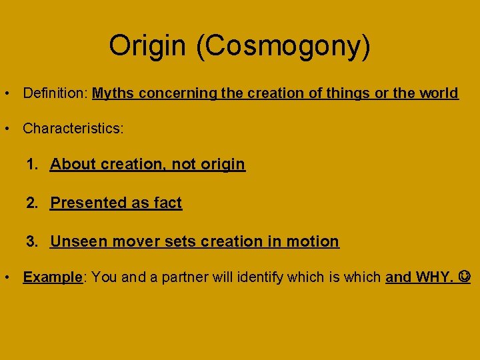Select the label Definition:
click(55, 93)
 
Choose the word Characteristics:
click(73, 129)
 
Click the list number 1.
click(31, 164)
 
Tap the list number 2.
click(31, 203)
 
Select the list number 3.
click(31, 241)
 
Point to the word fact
click(167, 203)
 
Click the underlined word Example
click(52, 277)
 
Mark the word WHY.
click(434, 277)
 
